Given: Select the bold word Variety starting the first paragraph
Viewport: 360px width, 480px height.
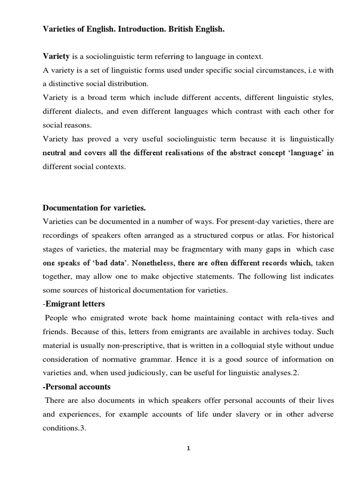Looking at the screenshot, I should pos(56,57).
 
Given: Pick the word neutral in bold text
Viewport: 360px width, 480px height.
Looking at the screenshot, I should pos(55,153).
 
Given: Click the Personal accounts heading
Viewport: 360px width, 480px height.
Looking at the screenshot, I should pos(77,388).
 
